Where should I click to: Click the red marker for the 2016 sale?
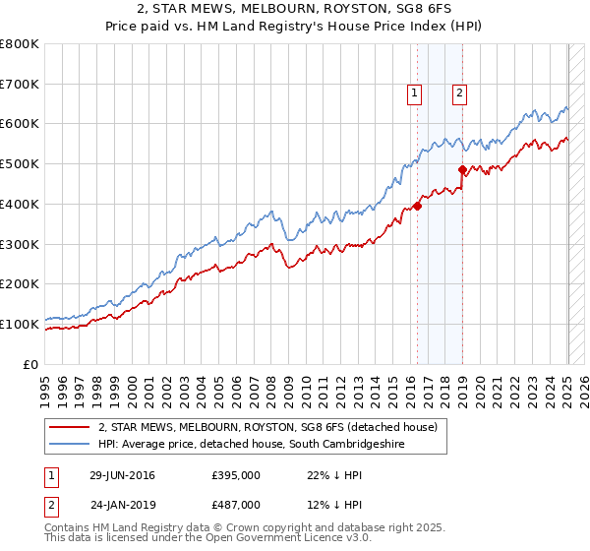(417, 206)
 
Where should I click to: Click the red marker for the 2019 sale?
(461, 169)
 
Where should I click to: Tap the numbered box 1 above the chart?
(414, 94)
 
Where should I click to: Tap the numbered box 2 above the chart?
(459, 94)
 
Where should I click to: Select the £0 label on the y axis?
(29, 364)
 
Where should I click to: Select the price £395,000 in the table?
(236, 475)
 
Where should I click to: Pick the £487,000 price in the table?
(236, 504)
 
